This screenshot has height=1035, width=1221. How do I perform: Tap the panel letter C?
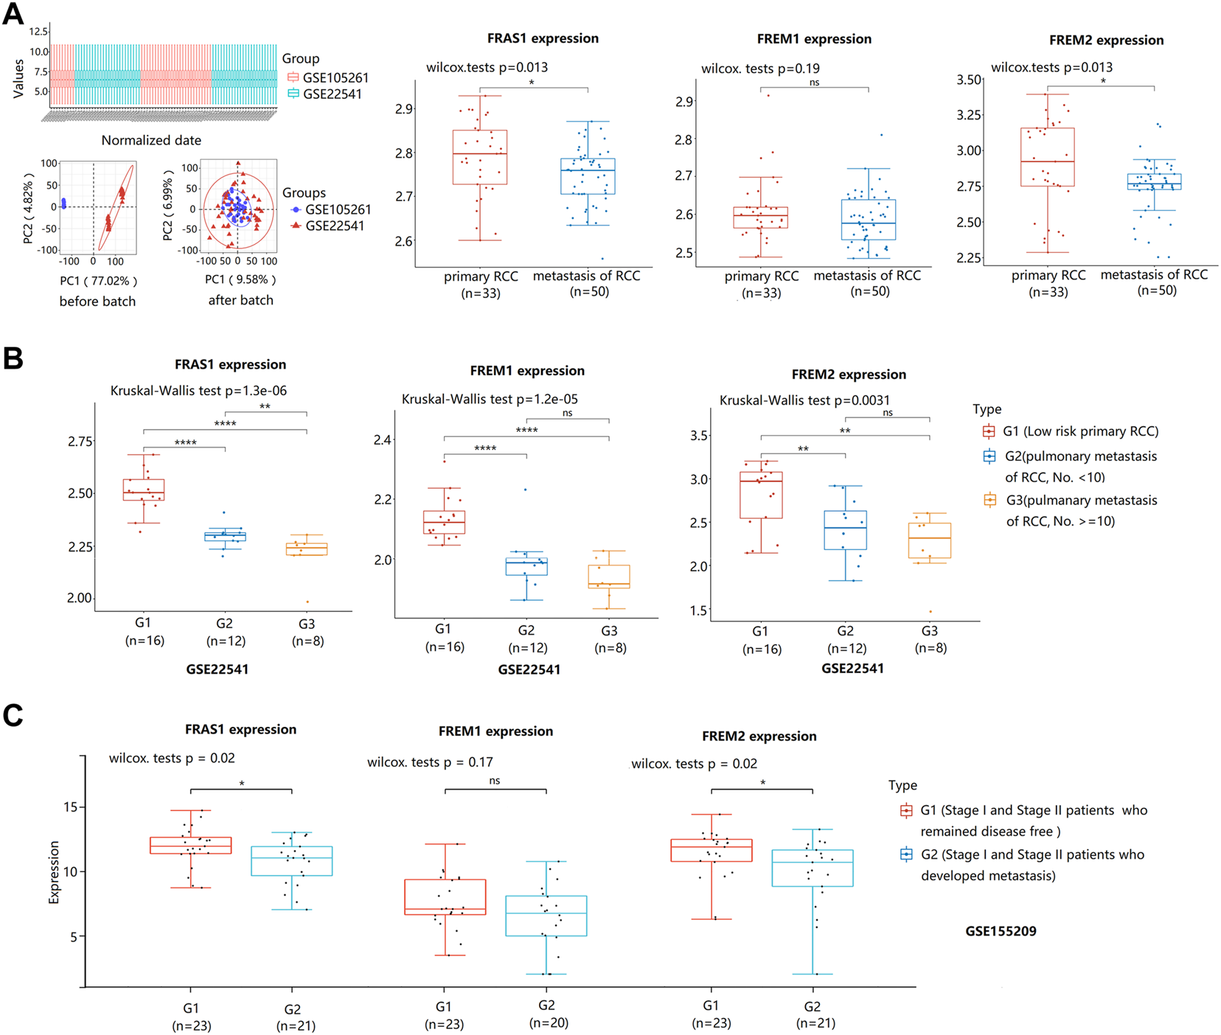tap(13, 716)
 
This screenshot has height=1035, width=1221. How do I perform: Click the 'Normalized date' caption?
tap(151, 140)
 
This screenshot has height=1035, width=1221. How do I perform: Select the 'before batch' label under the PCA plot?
tap(97, 301)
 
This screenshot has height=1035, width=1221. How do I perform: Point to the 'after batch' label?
tap(240, 300)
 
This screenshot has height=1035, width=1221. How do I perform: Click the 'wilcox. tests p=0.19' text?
tap(760, 69)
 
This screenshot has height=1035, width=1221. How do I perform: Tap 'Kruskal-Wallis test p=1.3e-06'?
tap(198, 391)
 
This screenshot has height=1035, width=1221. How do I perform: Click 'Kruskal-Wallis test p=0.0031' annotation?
tap(804, 400)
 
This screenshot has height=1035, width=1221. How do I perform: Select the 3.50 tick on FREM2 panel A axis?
tap(969, 80)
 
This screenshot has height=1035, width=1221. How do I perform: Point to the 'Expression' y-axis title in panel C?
tap(54, 871)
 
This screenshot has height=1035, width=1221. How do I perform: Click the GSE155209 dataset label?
tap(1001, 931)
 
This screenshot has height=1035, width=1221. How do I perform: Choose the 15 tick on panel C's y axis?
tap(71, 807)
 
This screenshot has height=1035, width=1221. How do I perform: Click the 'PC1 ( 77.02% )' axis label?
tap(99, 281)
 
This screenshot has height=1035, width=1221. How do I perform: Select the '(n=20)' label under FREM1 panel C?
tap(549, 1022)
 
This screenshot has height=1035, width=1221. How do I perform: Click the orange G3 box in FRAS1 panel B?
tap(307, 549)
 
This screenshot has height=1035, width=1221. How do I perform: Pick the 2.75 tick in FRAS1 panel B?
tap(80, 442)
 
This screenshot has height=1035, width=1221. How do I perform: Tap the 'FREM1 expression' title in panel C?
tap(495, 731)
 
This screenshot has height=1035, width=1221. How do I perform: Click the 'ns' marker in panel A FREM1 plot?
tap(814, 83)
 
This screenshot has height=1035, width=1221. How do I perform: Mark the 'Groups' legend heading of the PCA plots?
tap(304, 192)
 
